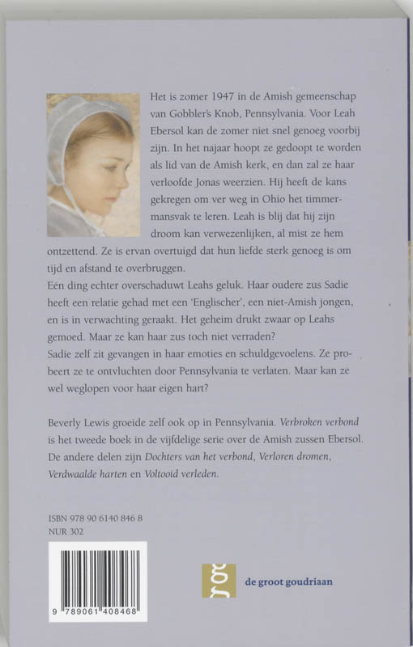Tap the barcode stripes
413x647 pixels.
[97, 577]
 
